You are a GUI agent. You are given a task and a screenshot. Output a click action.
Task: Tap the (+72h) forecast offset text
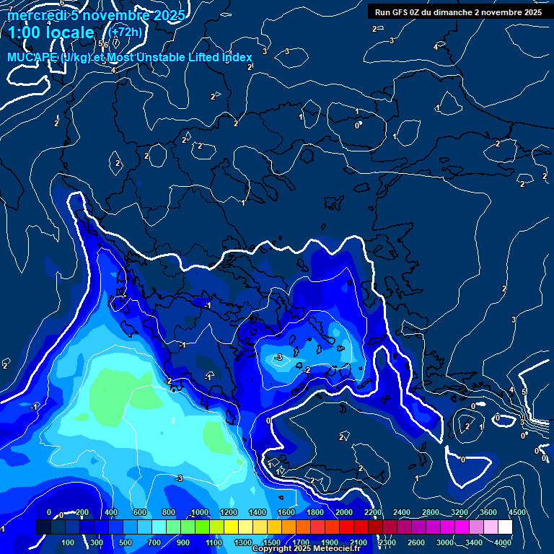click(125, 32)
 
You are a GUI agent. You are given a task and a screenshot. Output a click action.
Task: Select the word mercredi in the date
click(35, 15)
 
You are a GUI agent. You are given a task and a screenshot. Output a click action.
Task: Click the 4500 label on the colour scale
click(516, 512)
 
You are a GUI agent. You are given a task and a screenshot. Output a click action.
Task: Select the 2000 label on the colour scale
click(344, 512)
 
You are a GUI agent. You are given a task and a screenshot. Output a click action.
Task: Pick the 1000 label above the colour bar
click(200, 512)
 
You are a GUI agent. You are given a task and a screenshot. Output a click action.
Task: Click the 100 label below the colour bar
click(69, 542)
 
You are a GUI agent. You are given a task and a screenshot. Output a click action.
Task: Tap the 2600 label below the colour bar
click(415, 542)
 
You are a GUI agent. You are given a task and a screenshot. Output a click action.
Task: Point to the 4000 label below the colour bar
click(503, 542)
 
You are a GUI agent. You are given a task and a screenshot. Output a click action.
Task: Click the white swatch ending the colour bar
click(505, 527)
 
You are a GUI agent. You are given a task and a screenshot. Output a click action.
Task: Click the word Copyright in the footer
click(273, 549)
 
